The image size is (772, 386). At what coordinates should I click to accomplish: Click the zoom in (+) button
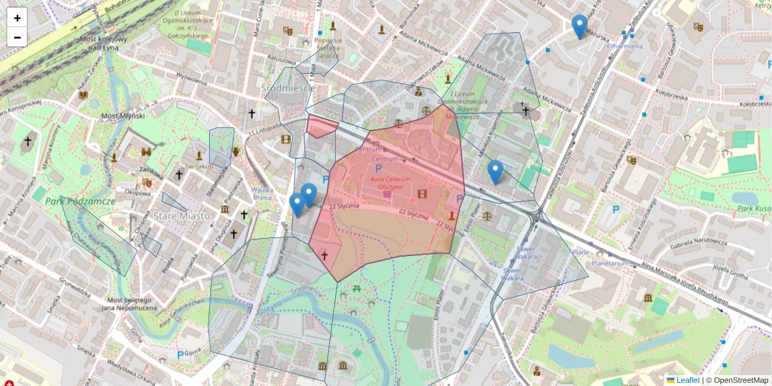pos(17,19)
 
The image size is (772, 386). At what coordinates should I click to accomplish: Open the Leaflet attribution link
pos(688,380)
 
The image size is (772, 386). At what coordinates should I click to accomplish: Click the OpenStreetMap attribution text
pos(740,380)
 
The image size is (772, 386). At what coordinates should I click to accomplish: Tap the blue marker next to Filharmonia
pos(580,26)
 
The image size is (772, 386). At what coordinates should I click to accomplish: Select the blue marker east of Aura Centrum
pos(495,172)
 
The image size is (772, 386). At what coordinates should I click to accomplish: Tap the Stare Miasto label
pos(181,216)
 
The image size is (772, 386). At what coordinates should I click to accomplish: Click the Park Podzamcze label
pos(80,201)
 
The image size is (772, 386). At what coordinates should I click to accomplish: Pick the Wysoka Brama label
pos(262,194)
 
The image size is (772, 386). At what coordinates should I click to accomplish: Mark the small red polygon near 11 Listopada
pos(321,126)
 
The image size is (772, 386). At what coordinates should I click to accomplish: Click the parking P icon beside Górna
pos(180,355)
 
